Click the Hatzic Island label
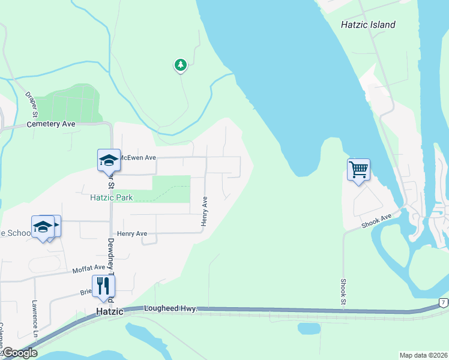[x=368, y=25]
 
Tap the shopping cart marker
[x=358, y=170]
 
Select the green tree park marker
[x=180, y=65]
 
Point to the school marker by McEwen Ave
[x=109, y=160]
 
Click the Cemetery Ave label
[x=52, y=124]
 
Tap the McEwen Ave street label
[x=137, y=157]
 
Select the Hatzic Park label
[x=111, y=197]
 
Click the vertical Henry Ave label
[x=205, y=212]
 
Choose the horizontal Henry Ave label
[x=132, y=233]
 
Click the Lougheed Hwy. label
[x=170, y=308]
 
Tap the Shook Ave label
[x=376, y=221]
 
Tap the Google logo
[x=19, y=353]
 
